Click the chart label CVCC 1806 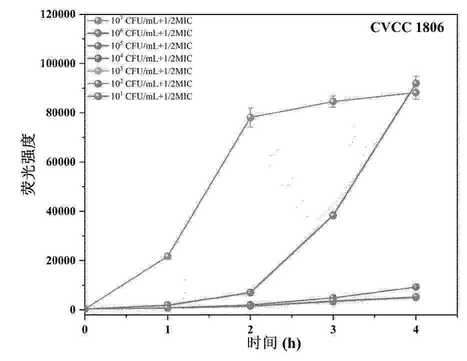pos(406,28)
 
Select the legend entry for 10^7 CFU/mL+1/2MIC pos(144,21)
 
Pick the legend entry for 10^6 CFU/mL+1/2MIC pos(144,33)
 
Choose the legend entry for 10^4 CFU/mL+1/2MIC pos(144,58)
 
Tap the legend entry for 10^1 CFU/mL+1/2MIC pos(144,96)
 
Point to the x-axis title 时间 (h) pos(274,344)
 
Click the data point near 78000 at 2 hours pos(250,117)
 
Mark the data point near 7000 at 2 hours pos(250,292)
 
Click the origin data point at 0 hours pos(85,309)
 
